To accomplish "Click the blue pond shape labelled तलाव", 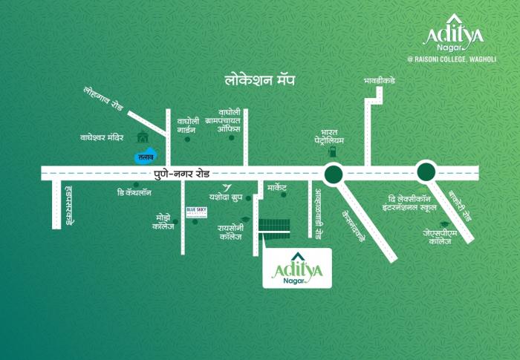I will coord(144,156).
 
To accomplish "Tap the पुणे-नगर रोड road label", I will coord(183,173).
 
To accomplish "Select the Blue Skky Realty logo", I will coord(196,212).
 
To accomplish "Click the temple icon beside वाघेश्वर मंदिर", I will coord(142,137).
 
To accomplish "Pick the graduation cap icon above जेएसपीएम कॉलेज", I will coord(444,224).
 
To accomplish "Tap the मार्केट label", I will coord(282,189).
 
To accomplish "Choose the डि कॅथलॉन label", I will coord(134,192).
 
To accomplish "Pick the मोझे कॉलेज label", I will coord(163,221).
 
